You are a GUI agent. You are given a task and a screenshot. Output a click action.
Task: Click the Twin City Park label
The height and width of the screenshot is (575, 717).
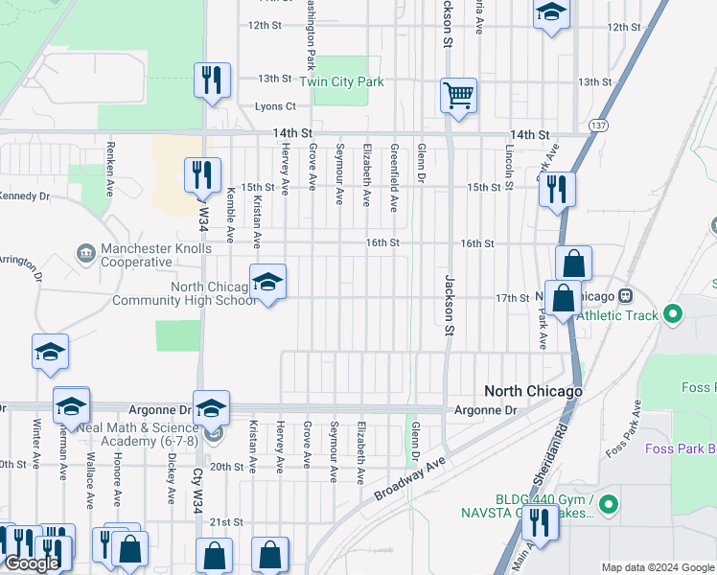pyautogui.click(x=341, y=82)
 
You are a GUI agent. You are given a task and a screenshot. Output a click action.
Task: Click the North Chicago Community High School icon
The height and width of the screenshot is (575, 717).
pyautogui.click(x=268, y=282)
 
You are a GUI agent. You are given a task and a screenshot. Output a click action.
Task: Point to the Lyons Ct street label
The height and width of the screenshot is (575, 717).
pyautogui.click(x=275, y=106)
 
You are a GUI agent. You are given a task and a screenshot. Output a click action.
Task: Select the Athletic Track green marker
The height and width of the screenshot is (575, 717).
pyautogui.click(x=673, y=312)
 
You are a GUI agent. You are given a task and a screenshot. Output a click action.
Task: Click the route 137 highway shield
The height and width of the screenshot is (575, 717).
pyautogui.click(x=599, y=126)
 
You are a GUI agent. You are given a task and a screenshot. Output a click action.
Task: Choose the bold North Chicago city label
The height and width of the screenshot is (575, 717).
pyautogui.click(x=533, y=391)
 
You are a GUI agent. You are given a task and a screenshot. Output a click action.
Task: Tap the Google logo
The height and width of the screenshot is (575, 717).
pyautogui.click(x=31, y=563)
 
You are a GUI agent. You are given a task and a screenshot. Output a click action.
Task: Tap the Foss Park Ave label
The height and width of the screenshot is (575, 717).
pyautogui.click(x=622, y=437)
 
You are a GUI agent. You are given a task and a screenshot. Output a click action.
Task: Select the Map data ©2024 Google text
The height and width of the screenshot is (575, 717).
pyautogui.click(x=658, y=567)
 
